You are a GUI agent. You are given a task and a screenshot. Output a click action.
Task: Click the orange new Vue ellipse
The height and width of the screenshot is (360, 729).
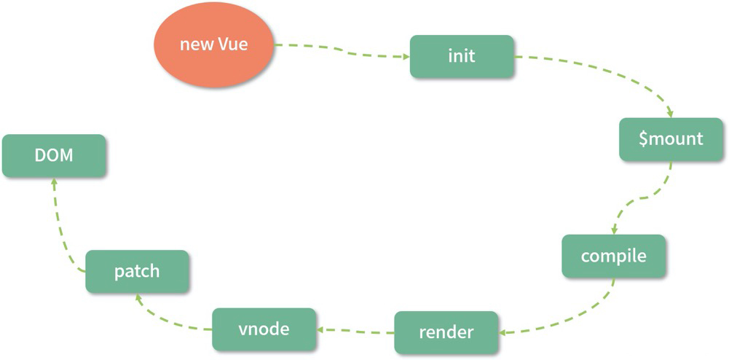pos(213,44)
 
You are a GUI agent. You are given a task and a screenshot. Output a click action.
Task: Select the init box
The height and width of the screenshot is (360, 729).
pos(462,56)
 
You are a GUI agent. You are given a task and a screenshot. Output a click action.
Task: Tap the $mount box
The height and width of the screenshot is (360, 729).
pos(671,139)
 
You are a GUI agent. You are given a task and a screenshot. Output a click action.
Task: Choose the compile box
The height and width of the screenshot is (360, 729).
pos(613,256)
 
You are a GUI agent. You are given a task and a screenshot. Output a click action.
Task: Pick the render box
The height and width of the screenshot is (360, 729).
pos(446,332)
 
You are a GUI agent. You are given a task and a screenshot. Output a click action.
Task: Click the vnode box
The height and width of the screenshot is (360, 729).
pos(264,329)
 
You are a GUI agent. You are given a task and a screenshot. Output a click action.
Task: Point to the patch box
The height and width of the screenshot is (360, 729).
pos(137,272)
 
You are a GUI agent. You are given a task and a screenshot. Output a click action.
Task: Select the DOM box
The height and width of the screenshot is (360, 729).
pos(54,155)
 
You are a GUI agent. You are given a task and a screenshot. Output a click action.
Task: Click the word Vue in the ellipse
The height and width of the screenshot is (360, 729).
pos(233,44)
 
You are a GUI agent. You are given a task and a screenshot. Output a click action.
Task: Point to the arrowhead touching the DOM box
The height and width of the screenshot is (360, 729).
pos(53,182)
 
